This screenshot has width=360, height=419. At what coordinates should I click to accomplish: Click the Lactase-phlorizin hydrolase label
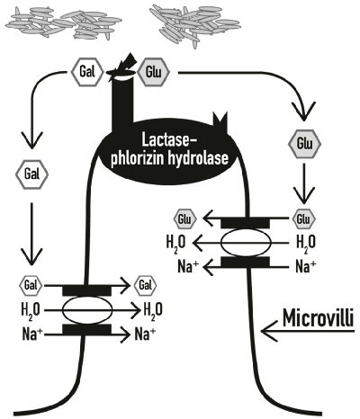180,147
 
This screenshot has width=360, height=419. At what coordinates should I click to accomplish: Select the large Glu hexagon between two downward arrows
301,143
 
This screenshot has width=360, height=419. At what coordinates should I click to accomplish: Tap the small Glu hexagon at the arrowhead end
184,218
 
